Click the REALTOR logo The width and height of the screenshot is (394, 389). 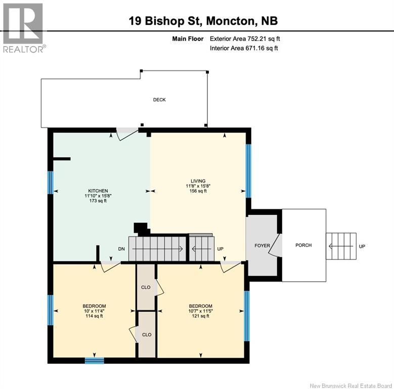[x=23, y=28]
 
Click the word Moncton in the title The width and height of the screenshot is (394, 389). [x=230, y=21]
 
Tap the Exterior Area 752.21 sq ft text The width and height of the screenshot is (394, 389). [x=245, y=39]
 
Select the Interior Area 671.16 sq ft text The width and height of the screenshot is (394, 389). [x=244, y=48]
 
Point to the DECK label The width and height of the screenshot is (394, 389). [x=159, y=100]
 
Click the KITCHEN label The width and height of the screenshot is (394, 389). [x=98, y=191]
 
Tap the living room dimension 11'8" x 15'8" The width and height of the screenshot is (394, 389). [x=198, y=186]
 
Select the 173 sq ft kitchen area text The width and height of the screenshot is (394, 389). [x=98, y=201]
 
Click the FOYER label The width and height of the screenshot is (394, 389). [x=262, y=245]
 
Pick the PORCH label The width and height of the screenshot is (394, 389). [x=303, y=245]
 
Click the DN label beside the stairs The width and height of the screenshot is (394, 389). [x=121, y=249]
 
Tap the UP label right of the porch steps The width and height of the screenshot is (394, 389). [x=362, y=246]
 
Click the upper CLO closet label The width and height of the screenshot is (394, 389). [x=146, y=287]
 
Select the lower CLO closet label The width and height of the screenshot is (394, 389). [x=147, y=334]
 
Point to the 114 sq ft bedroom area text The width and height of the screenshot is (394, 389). [x=94, y=316]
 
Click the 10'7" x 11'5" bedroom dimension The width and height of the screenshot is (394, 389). [x=200, y=311]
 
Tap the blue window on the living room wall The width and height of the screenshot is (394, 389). [x=248, y=171]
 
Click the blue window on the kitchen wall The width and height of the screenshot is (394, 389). [x=51, y=183]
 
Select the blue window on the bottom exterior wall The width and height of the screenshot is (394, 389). [x=94, y=361]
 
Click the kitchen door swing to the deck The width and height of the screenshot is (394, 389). [x=127, y=134]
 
